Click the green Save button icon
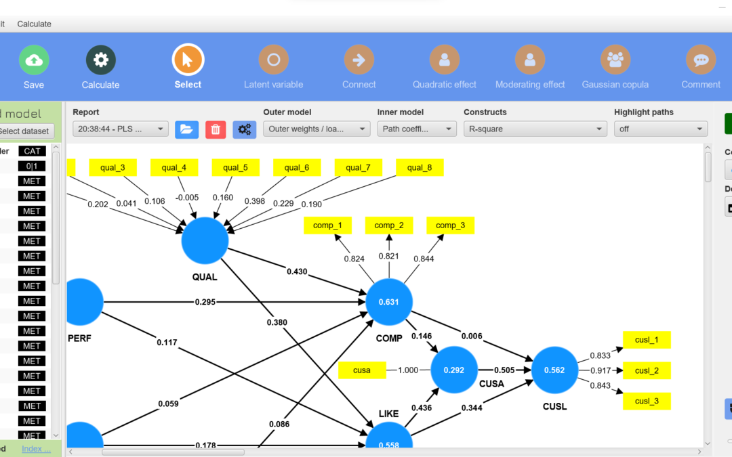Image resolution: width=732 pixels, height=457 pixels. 33,60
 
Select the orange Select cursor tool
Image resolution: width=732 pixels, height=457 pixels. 188,60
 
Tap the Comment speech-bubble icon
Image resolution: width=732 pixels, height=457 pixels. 701,60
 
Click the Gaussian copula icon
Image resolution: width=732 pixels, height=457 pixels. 615,60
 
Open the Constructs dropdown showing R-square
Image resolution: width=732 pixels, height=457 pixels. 535,129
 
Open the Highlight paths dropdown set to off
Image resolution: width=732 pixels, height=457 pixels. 660,129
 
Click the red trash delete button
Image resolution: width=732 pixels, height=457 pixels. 216,129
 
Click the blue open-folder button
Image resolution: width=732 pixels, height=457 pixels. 186,129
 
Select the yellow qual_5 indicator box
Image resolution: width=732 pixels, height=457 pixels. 235,167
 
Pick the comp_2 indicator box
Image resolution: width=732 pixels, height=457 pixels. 389,225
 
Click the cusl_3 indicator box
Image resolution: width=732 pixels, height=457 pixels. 647,401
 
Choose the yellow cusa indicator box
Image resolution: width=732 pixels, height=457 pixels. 362,370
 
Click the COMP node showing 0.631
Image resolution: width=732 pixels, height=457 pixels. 389,302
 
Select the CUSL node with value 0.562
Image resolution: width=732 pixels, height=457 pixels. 555,370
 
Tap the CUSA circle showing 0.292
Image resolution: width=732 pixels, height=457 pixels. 454,370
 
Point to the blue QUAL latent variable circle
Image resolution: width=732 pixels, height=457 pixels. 205,240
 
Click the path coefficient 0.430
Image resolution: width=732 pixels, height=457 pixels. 296,271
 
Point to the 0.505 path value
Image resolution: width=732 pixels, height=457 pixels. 504,370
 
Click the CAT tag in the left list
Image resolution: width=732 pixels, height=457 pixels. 32,151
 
